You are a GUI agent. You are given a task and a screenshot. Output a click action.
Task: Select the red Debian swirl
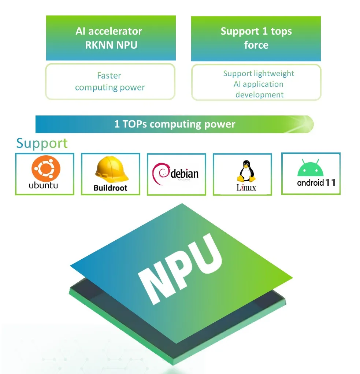162,174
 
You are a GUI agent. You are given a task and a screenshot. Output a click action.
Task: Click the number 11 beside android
330,182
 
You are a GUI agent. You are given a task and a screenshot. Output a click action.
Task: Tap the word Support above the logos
42,143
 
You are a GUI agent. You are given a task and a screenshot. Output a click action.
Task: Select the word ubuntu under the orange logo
44,185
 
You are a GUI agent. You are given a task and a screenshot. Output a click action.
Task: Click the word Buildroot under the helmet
110,188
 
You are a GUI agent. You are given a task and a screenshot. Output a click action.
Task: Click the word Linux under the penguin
246,188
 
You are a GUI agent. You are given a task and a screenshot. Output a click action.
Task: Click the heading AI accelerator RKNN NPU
109,38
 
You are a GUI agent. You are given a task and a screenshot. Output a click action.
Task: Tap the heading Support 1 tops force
256,38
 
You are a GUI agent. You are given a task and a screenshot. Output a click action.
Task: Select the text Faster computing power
110,82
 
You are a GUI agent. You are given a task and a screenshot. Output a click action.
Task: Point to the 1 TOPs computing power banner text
175,124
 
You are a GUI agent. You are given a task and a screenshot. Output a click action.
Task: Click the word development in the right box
259,95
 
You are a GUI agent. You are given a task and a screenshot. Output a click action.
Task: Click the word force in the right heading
256,45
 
